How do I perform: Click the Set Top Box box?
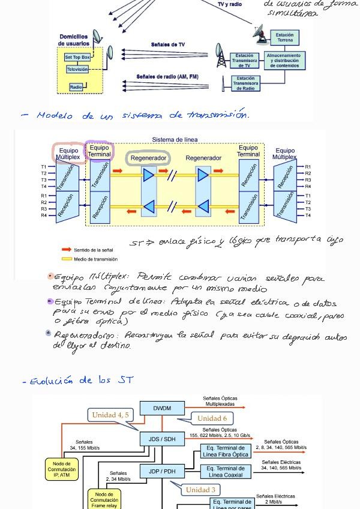click(77, 58)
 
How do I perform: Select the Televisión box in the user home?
click(77, 70)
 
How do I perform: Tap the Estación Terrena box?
click(284, 37)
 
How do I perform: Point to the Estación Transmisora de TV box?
click(244, 61)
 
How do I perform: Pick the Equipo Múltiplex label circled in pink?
click(68, 153)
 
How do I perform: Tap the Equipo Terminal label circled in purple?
click(99, 151)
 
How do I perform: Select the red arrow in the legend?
click(66, 250)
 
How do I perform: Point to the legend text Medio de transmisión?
click(95, 259)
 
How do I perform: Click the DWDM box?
click(162, 409)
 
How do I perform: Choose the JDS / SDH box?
click(162, 439)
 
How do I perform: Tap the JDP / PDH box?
click(162, 471)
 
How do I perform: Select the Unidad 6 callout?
click(212, 418)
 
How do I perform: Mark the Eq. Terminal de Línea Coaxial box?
click(225, 472)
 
